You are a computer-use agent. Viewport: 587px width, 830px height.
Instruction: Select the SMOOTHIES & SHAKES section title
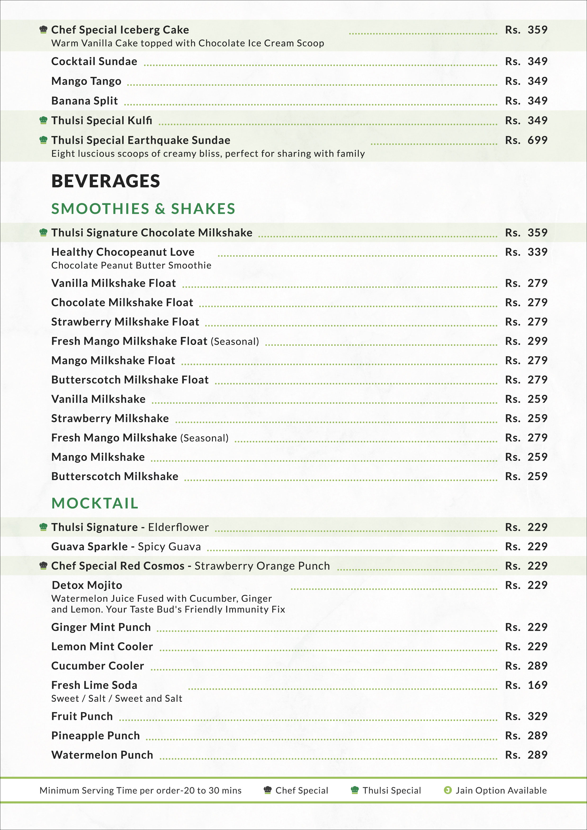[x=143, y=209]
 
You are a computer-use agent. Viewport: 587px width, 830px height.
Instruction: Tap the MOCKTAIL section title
[x=95, y=503]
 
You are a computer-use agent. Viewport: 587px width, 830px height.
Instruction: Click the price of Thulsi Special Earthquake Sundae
[x=526, y=140]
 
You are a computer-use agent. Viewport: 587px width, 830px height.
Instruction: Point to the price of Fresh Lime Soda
[x=526, y=685]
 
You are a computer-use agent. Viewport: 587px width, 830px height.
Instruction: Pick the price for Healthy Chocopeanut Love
[x=526, y=252]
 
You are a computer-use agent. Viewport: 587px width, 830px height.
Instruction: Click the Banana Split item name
[x=85, y=101]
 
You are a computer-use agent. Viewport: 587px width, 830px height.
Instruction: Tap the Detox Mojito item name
[x=87, y=585]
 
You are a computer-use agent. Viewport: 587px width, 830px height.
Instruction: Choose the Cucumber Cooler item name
[x=98, y=666]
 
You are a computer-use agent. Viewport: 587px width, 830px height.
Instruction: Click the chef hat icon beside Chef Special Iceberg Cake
[x=43, y=30]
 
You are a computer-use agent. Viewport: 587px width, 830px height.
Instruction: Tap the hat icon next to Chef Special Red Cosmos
[x=43, y=566]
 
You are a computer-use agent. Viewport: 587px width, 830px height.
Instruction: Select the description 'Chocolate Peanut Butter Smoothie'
[x=131, y=265]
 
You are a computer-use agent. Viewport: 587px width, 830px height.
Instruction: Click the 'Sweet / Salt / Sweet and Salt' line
[x=117, y=698]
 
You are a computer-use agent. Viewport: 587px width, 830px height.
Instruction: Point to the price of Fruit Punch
[x=526, y=716]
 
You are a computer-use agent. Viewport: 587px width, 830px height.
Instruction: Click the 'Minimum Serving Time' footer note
[x=140, y=790]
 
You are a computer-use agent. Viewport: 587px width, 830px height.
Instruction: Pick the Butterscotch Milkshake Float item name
[x=130, y=380]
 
